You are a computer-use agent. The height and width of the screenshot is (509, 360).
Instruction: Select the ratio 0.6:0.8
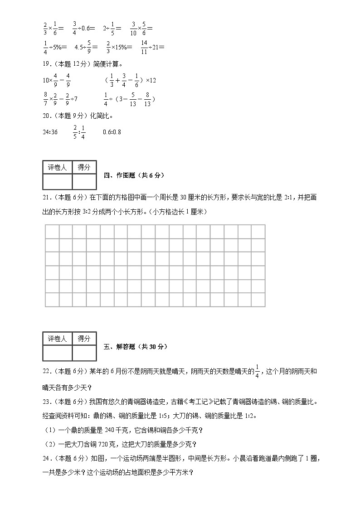point(112,132)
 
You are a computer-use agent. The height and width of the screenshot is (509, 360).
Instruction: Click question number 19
point(46,64)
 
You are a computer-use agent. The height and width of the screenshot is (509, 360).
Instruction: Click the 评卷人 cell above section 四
point(57,167)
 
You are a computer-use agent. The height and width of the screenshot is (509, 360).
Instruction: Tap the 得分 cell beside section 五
point(84,339)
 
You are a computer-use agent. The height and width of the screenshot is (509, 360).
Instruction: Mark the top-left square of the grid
point(52,232)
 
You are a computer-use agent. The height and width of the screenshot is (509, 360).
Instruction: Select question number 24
point(46,458)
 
